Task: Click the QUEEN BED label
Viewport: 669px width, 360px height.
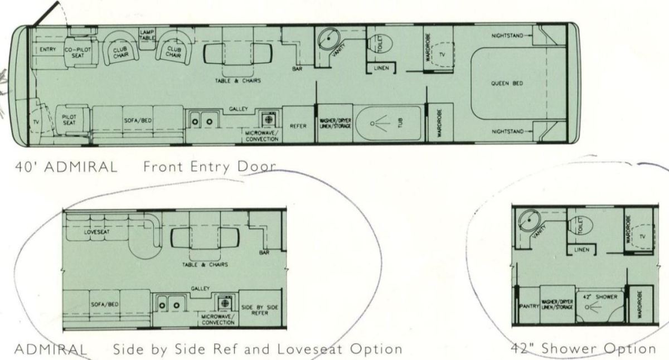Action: point(507,83)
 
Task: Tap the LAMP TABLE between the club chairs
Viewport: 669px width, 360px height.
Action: point(147,39)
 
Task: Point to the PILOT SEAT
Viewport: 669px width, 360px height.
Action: point(72,120)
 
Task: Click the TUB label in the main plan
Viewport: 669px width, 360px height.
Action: point(400,123)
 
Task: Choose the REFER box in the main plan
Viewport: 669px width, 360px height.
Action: point(298,124)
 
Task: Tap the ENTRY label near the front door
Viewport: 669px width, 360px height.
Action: point(48,49)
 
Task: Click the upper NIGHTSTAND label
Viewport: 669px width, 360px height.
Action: point(507,36)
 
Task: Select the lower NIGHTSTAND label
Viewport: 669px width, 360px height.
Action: point(507,132)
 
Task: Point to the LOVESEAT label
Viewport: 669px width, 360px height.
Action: point(96,232)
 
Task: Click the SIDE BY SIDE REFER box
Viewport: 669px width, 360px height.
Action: point(259,309)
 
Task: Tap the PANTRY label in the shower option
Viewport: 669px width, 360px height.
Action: point(529,307)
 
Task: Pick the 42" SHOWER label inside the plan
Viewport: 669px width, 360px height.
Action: point(600,297)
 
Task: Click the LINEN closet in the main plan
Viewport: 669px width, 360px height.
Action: point(381,68)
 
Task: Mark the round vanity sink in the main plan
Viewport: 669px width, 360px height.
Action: point(329,39)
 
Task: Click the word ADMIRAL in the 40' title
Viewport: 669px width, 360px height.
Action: point(81,167)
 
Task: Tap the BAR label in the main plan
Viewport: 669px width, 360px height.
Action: point(297,69)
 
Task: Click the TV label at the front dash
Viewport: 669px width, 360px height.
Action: point(36,122)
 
